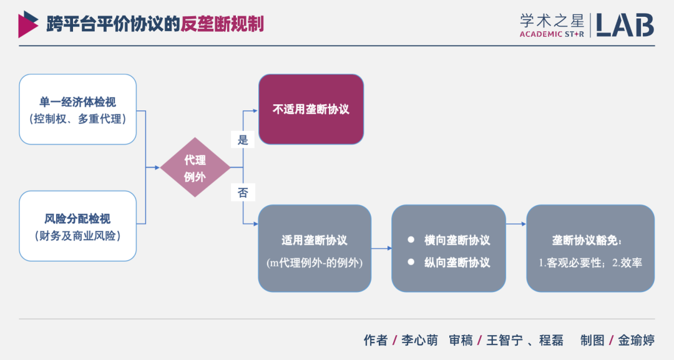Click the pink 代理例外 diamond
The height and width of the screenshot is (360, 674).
click(195, 168)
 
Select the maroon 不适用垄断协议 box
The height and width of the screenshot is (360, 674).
click(311, 109)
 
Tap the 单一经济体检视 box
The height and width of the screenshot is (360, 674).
click(77, 109)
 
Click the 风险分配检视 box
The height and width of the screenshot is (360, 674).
click(77, 226)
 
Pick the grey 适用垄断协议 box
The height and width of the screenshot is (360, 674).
click(315, 248)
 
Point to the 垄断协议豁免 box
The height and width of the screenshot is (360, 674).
click(590, 248)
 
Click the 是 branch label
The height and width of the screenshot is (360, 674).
click(243, 140)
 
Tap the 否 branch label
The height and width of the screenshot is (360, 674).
click(243, 193)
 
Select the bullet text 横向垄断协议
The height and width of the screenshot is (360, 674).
click(457, 240)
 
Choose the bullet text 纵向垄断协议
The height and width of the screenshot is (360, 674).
click(457, 262)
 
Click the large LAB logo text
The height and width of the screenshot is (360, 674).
click(625, 24)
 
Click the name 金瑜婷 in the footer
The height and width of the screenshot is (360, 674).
click(636, 341)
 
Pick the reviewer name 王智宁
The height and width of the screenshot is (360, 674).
click(503, 341)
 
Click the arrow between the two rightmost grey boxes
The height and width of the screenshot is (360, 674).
click(516, 223)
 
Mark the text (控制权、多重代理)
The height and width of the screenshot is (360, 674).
click(77, 119)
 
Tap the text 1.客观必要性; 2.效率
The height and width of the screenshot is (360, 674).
click(590, 263)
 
